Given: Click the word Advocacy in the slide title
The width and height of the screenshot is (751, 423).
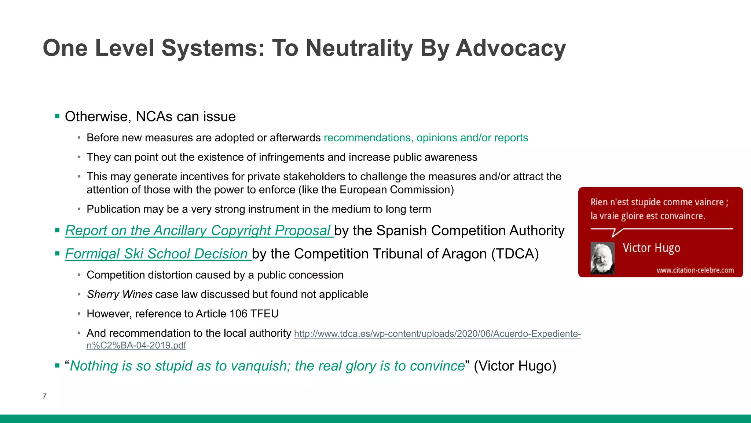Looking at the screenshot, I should point(511,48).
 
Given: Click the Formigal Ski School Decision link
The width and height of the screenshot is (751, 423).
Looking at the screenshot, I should point(157,254).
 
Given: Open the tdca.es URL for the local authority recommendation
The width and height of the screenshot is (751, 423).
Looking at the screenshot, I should point(437,334).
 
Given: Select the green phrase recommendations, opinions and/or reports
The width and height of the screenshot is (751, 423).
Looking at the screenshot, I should point(425,138).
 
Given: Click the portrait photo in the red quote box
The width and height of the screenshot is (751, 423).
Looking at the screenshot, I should point(602,258).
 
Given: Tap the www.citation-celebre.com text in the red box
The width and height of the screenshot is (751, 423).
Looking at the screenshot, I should point(695,270).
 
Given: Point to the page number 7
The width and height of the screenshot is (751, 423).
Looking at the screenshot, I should point(44,397).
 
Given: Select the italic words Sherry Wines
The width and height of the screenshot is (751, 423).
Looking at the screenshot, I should point(120,294).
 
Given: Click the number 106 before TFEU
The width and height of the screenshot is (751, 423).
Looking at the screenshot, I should point(238,314).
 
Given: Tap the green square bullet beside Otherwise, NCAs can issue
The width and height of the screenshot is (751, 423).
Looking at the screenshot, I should point(57,116).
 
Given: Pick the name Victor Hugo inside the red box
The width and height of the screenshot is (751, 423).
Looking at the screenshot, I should point(651,248).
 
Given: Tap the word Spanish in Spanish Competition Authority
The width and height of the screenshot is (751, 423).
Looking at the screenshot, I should point(402,231).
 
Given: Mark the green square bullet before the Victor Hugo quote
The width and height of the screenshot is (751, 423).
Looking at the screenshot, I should point(57,366).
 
